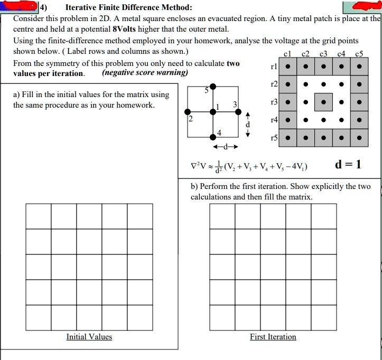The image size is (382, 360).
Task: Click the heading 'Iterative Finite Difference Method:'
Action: tap(128, 8)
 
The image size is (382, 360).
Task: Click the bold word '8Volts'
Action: tap(127, 29)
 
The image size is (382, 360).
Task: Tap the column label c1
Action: tap(287, 53)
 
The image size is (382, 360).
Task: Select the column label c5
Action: tap(359, 53)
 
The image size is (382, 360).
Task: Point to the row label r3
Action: tap(274, 102)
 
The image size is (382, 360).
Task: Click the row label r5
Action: tap(274, 138)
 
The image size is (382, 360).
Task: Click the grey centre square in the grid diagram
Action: tap(323, 102)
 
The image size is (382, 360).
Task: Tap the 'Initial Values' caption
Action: tap(89, 337)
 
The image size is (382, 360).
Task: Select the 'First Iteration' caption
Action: tap(273, 337)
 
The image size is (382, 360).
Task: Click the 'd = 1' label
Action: tap(349, 164)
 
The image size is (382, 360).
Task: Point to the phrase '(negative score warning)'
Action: tap(145, 73)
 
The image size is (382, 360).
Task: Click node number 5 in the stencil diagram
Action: tap(207, 91)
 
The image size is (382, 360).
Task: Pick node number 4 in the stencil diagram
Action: tap(219, 131)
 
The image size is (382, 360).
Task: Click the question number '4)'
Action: tap(43, 8)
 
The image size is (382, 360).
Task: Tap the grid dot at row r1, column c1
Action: tap(287, 67)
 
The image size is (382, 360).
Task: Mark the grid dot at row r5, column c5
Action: tap(359, 138)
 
